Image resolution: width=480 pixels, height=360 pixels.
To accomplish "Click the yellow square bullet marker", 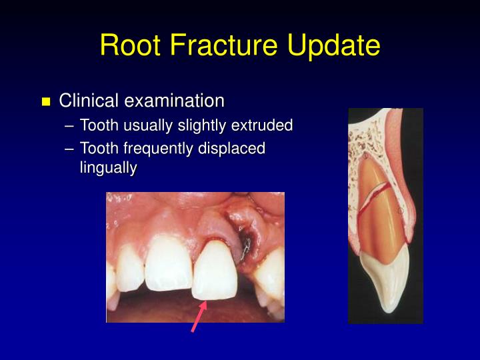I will [x=46, y=102].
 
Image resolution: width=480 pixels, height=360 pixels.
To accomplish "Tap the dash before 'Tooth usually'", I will [x=71, y=126].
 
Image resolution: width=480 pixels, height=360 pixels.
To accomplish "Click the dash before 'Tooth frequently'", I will [x=71, y=149].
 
